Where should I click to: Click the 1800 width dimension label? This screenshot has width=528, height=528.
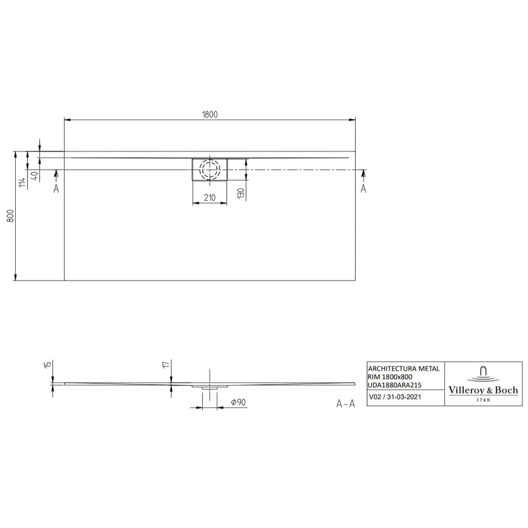(x=209, y=114)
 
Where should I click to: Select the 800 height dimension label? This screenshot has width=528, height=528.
(x=11, y=216)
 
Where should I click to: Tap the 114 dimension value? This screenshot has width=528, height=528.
(x=23, y=179)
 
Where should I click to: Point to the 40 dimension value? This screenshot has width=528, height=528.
(x=35, y=177)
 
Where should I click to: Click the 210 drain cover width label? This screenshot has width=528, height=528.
(x=210, y=198)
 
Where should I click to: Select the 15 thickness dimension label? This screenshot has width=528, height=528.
(x=48, y=365)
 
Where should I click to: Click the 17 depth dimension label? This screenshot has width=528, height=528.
(x=166, y=365)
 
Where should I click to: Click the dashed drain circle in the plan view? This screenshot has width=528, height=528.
(x=210, y=169)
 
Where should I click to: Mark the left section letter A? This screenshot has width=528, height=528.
(x=56, y=188)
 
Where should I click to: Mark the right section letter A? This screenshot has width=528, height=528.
(x=364, y=188)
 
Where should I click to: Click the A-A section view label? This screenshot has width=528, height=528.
(x=346, y=404)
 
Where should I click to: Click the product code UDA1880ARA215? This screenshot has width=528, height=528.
(x=395, y=385)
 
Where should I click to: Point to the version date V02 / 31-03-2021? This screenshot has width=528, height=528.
(x=395, y=397)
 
